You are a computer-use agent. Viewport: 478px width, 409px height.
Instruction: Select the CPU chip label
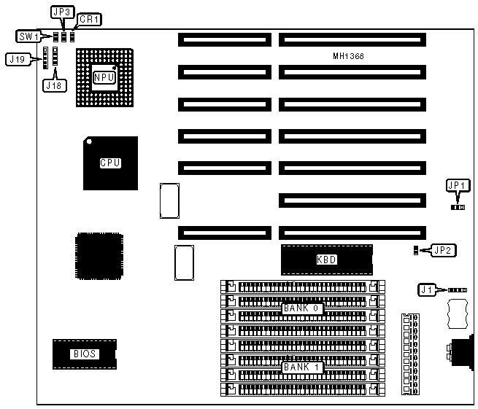pos(110,163)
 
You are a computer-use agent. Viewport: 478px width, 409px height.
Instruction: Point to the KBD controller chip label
pos(326,259)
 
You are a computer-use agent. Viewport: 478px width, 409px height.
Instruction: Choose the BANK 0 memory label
pos(302,308)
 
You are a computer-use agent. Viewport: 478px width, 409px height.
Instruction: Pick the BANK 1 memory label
pos(302,367)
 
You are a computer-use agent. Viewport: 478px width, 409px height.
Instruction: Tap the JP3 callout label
pos(61,12)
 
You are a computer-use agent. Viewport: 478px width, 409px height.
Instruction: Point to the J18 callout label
pos(54,85)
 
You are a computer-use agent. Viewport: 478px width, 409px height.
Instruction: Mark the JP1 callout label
pos(457,186)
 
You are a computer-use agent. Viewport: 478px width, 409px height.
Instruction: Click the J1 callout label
pos(426,289)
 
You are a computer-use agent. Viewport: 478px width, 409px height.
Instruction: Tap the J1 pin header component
pos(457,289)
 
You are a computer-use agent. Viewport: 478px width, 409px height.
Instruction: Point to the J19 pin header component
pos(45,58)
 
